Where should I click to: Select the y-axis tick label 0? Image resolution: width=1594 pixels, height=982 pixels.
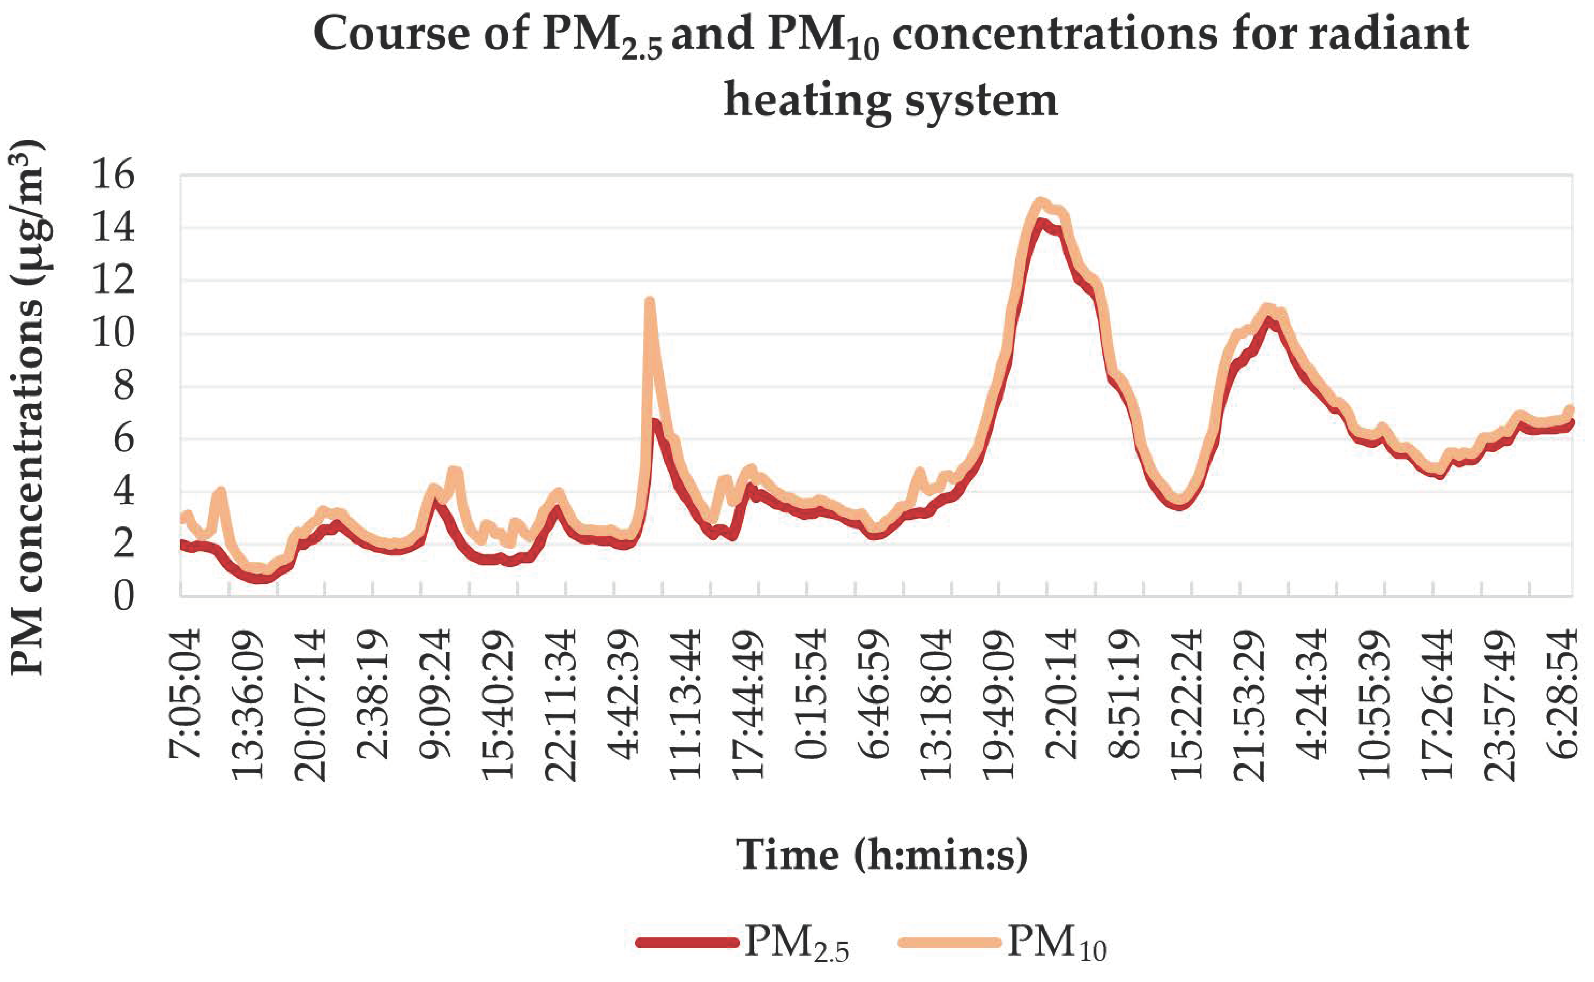123,596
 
